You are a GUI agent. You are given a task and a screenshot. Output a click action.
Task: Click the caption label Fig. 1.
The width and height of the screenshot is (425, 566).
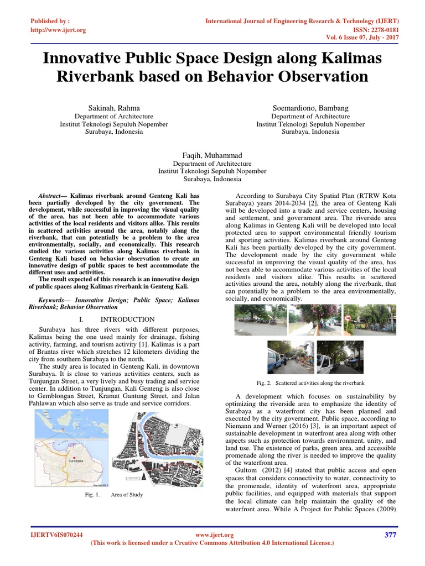tap(91, 495)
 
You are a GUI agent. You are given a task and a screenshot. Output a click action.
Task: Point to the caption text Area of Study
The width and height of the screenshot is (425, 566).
tap(127, 495)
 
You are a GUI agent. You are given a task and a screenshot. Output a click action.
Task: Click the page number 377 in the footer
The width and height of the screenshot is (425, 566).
tap(390, 535)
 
